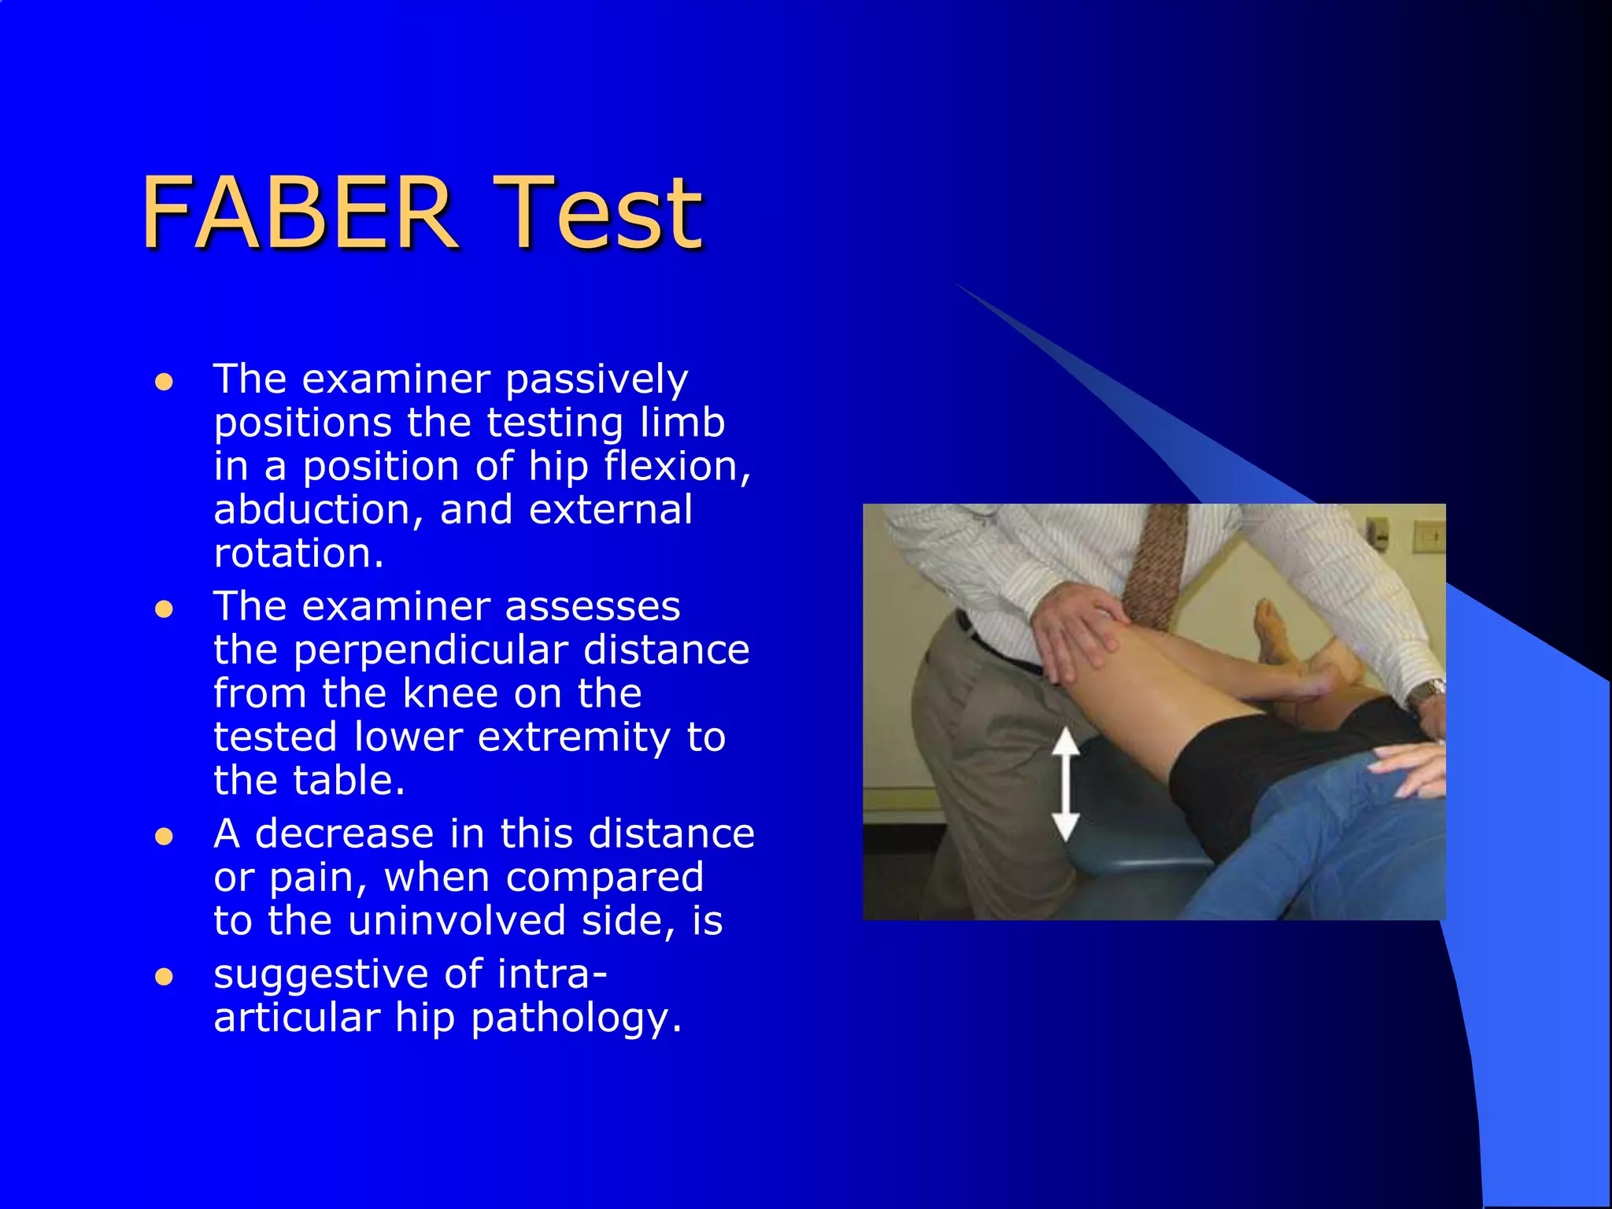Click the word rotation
point(298,553)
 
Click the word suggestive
point(320,974)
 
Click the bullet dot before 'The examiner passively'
point(164,383)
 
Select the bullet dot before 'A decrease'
point(164,837)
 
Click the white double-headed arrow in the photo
point(1065,784)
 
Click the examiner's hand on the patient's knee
point(1078,630)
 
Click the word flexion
point(677,467)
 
